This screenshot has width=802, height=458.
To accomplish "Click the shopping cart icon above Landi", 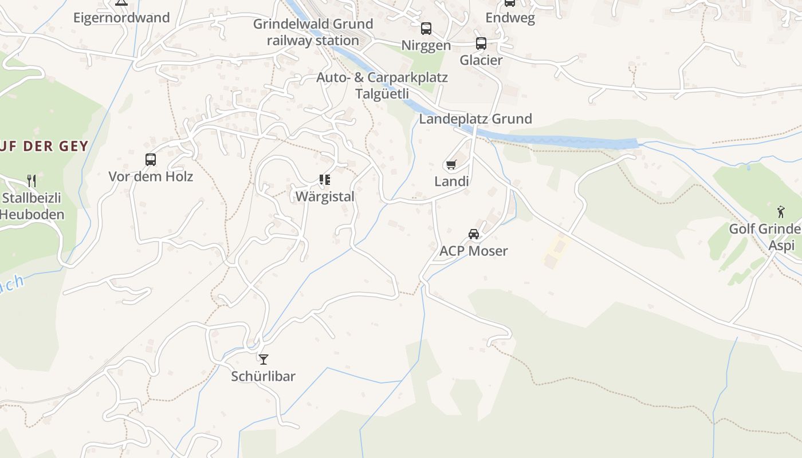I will [451, 165].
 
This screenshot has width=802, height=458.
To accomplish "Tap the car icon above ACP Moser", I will [474, 234].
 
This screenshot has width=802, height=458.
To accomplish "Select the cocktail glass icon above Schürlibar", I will [264, 360].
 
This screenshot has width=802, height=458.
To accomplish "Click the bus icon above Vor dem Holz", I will [151, 160].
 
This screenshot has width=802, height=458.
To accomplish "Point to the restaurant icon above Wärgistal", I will [325, 180].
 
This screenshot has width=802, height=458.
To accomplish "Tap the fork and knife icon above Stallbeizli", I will [32, 181].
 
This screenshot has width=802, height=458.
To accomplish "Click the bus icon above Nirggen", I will [426, 29].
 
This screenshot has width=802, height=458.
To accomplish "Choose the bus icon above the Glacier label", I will [481, 44].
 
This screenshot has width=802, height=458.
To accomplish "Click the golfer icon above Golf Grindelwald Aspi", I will [781, 212].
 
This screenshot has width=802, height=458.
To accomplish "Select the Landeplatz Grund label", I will [475, 119].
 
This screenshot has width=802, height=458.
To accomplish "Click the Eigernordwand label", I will [121, 18].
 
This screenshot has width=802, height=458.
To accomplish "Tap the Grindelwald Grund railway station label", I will [313, 32].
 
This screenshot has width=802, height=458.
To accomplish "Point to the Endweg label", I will [510, 18].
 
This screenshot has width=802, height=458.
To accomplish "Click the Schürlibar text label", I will [264, 376].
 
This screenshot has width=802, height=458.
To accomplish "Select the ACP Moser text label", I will [474, 251].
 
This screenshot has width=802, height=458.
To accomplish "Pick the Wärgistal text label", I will [325, 196].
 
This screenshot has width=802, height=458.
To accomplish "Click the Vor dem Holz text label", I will [151, 176].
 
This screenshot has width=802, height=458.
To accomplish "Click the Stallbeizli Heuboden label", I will [32, 207].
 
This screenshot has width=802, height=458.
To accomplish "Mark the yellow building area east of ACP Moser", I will [555, 252].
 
